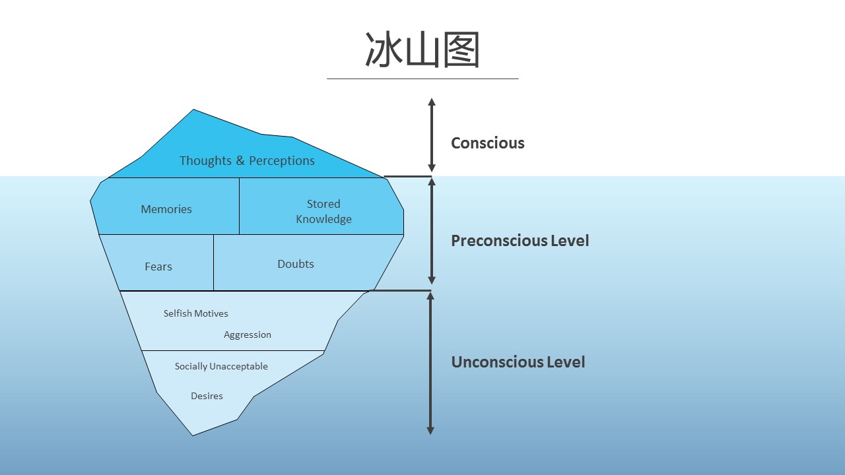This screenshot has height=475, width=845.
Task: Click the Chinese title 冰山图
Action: click(x=422, y=49)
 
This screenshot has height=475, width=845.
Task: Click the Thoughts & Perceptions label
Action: click(x=247, y=161)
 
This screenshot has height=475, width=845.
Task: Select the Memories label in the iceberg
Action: click(x=166, y=209)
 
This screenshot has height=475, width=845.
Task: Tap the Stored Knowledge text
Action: click(x=323, y=212)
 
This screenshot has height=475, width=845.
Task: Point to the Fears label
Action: click(x=158, y=267)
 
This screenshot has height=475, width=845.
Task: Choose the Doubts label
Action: click(x=296, y=264)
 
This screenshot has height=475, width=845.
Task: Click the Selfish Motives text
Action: click(x=196, y=313)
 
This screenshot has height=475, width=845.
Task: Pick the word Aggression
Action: click(x=248, y=334)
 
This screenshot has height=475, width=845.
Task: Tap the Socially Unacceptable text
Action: click(x=221, y=366)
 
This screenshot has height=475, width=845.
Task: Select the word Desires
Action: click(x=207, y=396)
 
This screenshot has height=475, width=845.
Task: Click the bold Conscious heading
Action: click(x=488, y=143)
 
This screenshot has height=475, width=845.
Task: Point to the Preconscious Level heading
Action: click(x=520, y=241)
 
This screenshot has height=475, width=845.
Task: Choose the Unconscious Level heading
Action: click(x=518, y=362)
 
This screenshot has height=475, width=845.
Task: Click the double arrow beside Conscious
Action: click(x=432, y=135)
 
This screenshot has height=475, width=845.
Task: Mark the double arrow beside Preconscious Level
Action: click(x=432, y=231)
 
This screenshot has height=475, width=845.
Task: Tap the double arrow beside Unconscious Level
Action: click(x=430, y=364)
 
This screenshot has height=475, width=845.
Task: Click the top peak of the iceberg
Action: click(x=193, y=110)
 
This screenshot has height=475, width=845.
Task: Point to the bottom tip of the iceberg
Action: click(x=193, y=435)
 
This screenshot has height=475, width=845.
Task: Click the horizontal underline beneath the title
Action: click(x=422, y=79)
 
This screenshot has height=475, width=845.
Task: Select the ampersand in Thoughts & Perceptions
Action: click(x=240, y=160)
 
